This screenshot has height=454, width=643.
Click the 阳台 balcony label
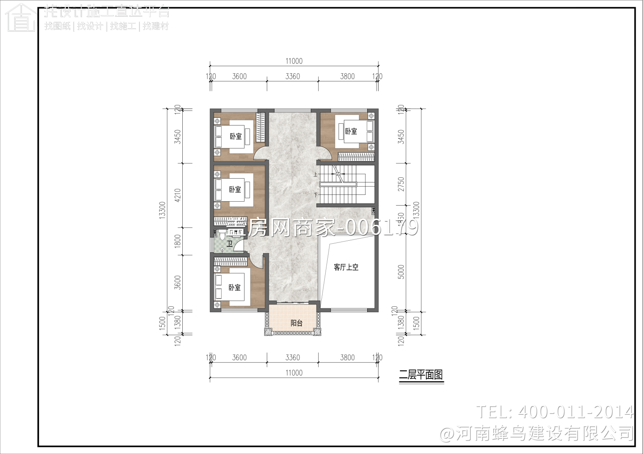pos(296,323)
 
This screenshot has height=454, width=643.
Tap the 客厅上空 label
pos(346,267)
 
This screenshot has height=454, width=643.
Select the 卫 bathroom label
pos(229,244)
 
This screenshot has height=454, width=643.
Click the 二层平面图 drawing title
pos(421,375)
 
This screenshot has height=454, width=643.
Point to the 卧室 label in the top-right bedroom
pos(351,131)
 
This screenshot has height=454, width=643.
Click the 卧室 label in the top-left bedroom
pos(235,136)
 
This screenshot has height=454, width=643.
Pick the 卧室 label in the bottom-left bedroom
pos(234,287)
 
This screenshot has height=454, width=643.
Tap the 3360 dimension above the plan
pos(293,76)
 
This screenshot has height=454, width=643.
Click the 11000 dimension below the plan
pos(294,373)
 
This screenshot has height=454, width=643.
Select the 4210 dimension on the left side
pos(178,195)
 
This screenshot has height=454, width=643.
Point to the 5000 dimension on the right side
pos(401,272)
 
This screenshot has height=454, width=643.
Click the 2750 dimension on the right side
pos(401,184)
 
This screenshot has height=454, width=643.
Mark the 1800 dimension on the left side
pos(178,241)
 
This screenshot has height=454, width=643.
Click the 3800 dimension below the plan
pos(347,357)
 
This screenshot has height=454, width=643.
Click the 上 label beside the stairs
pos(316,174)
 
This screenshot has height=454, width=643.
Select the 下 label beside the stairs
pos(316,195)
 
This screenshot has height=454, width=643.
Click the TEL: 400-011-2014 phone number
pos(555,412)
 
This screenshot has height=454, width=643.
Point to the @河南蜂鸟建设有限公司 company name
pos(537,433)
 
